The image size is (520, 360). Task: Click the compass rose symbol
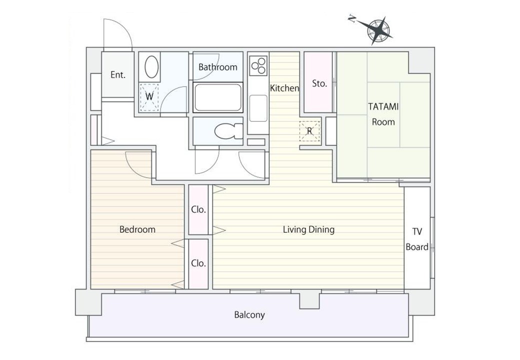pyautogui.click(x=377, y=31)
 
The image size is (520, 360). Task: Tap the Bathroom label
pyautogui.click(x=218, y=67)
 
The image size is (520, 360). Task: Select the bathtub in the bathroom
pyautogui.click(x=218, y=97)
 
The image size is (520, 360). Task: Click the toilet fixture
pyautogui.click(x=228, y=131)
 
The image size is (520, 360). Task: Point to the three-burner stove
pyautogui.click(x=258, y=65)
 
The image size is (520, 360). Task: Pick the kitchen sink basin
pyautogui.click(x=258, y=108)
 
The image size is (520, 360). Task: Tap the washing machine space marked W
pyautogui.click(x=149, y=97)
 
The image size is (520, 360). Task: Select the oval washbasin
pyautogui.click(x=151, y=67)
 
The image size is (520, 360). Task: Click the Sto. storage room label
pyautogui.click(x=319, y=83)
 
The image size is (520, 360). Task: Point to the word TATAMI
pyautogui.click(x=383, y=106)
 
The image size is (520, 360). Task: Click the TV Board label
pyautogui.click(x=417, y=239)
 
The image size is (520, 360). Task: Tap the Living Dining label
pyautogui.click(x=308, y=229)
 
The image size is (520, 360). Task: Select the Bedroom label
pyautogui.click(x=137, y=229)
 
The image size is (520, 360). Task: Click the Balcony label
pyautogui.click(x=249, y=314)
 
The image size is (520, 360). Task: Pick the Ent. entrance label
pyautogui.click(x=118, y=75)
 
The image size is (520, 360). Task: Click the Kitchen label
pyautogui.click(x=284, y=88)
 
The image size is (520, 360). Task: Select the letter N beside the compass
pyautogui.click(x=352, y=19)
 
